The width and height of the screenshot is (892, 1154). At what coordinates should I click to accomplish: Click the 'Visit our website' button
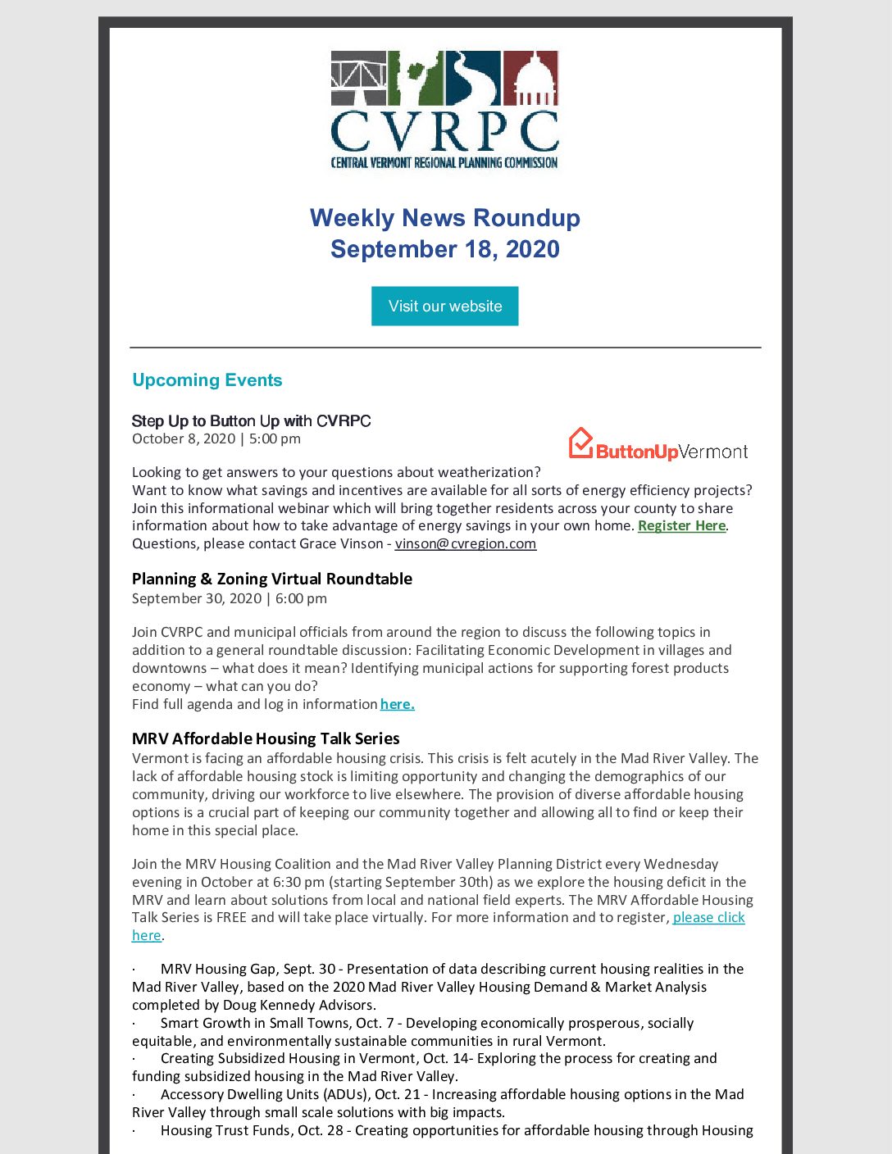click(444, 306)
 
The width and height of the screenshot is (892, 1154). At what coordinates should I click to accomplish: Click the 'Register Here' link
click(681, 525)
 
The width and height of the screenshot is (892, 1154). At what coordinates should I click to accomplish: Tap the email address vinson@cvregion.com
click(465, 543)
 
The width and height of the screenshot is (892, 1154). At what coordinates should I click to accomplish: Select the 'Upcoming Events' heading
click(207, 380)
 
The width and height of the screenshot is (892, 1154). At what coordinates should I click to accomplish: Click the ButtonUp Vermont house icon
click(580, 443)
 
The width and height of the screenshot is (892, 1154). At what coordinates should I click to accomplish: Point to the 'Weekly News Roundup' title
click(444, 218)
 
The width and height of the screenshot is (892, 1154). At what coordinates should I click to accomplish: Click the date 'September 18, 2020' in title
click(444, 249)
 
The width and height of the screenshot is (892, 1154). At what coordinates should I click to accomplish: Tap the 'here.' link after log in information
click(397, 704)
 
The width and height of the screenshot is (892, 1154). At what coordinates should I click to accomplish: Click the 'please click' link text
click(709, 917)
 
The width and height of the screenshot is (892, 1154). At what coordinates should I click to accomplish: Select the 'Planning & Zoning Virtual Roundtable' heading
click(271, 579)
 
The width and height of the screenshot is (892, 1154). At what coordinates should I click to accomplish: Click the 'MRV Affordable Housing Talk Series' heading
click(266, 738)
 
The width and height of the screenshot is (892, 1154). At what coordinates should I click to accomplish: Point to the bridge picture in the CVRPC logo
click(358, 78)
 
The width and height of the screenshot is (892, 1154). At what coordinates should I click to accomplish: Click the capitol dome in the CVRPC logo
click(531, 78)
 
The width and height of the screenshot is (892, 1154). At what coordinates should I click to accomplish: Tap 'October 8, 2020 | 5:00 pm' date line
click(216, 438)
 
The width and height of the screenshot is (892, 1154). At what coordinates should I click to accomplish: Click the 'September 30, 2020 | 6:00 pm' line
click(229, 598)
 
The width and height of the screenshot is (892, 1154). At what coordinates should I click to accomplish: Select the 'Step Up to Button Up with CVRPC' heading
click(251, 421)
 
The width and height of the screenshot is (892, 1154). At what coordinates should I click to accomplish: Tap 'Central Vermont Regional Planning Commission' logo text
click(444, 162)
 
